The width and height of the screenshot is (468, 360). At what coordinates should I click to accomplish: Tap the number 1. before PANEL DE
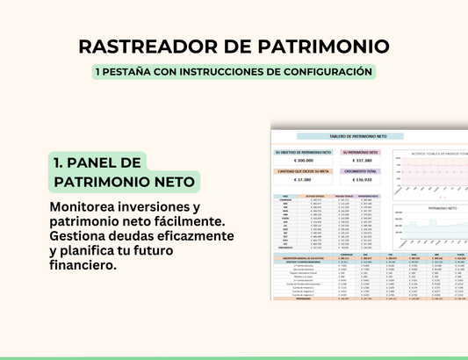(x=60, y=162)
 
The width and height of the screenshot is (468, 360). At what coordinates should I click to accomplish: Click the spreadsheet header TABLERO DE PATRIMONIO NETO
(x=360, y=137)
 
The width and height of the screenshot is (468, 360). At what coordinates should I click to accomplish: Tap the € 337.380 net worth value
(x=361, y=161)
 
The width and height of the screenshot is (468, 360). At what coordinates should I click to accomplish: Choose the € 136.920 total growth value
(x=361, y=181)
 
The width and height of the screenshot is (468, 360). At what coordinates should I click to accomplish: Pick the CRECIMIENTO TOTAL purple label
(x=361, y=171)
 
